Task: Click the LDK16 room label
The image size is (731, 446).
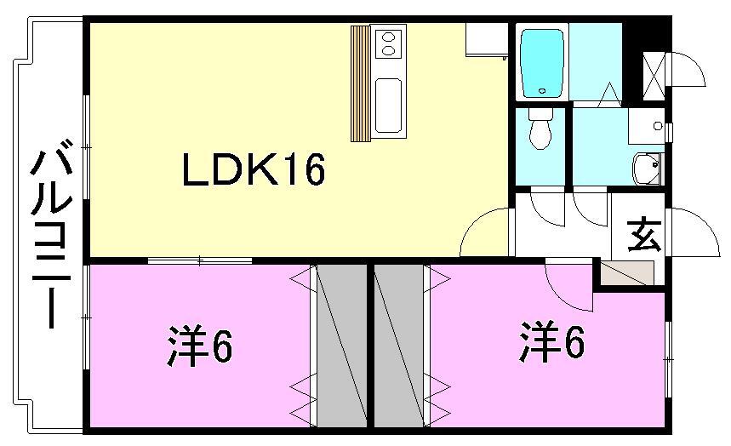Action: (x=253, y=171)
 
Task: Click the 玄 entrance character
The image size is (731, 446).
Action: (x=643, y=233)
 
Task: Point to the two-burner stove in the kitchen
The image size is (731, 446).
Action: (x=387, y=43)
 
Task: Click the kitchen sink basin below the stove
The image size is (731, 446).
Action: (x=387, y=106)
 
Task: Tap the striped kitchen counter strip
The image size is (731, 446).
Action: (x=361, y=83)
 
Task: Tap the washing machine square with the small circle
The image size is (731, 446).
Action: (x=646, y=126)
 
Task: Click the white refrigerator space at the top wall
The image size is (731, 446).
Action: (x=486, y=39)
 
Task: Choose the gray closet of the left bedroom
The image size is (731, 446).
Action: (x=341, y=344)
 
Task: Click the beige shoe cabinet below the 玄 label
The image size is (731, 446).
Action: (x=626, y=273)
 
